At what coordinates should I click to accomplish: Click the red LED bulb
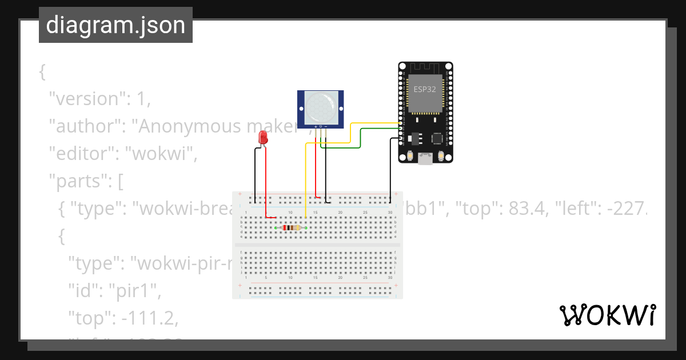[263, 137]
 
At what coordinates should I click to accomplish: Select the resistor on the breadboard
[292, 228]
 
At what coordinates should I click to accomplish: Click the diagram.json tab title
[115, 25]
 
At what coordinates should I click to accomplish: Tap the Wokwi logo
[607, 315]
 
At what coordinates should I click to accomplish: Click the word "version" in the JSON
[86, 99]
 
